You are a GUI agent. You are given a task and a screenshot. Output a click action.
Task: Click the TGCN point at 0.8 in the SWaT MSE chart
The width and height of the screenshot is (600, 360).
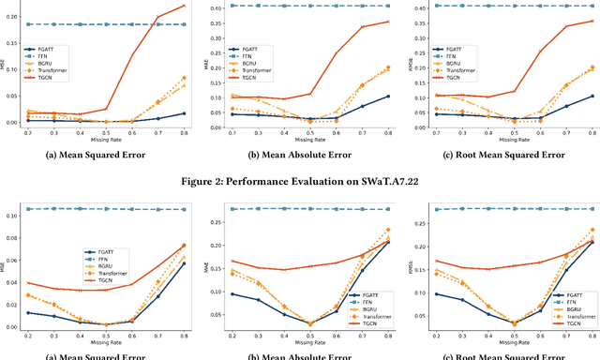point(184,6)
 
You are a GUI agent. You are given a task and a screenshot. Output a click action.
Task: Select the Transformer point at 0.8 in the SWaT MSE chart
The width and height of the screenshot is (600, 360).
point(184,78)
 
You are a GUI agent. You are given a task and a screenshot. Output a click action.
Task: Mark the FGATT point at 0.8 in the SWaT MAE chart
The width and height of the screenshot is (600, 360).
point(388,96)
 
